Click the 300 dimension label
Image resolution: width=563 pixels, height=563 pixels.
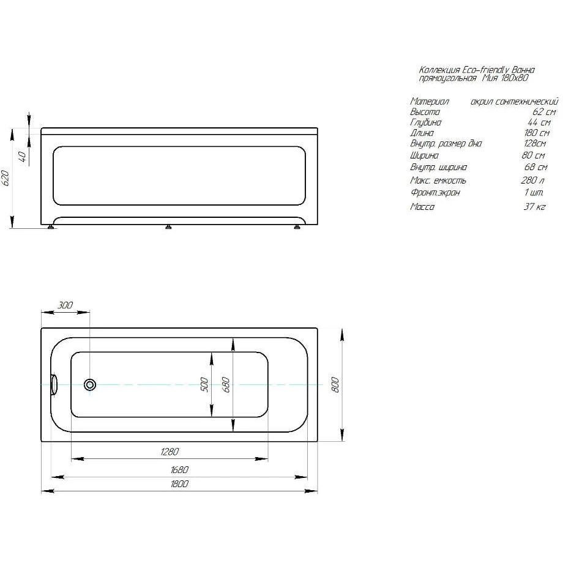tap(65, 305)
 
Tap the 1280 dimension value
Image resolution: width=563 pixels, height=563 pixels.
tap(170, 452)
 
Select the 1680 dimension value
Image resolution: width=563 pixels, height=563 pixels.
tap(179, 469)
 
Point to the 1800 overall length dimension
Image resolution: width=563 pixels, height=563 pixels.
tap(179, 483)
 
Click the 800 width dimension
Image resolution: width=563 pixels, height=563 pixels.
tap(335, 384)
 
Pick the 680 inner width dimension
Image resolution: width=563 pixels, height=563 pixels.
tap(226, 384)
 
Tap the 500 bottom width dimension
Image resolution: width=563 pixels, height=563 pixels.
tap(204, 384)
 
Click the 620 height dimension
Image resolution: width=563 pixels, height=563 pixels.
tap(5, 178)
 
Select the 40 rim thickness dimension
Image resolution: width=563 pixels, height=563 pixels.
tap(22, 157)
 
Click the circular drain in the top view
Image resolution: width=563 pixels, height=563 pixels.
tap(90, 385)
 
